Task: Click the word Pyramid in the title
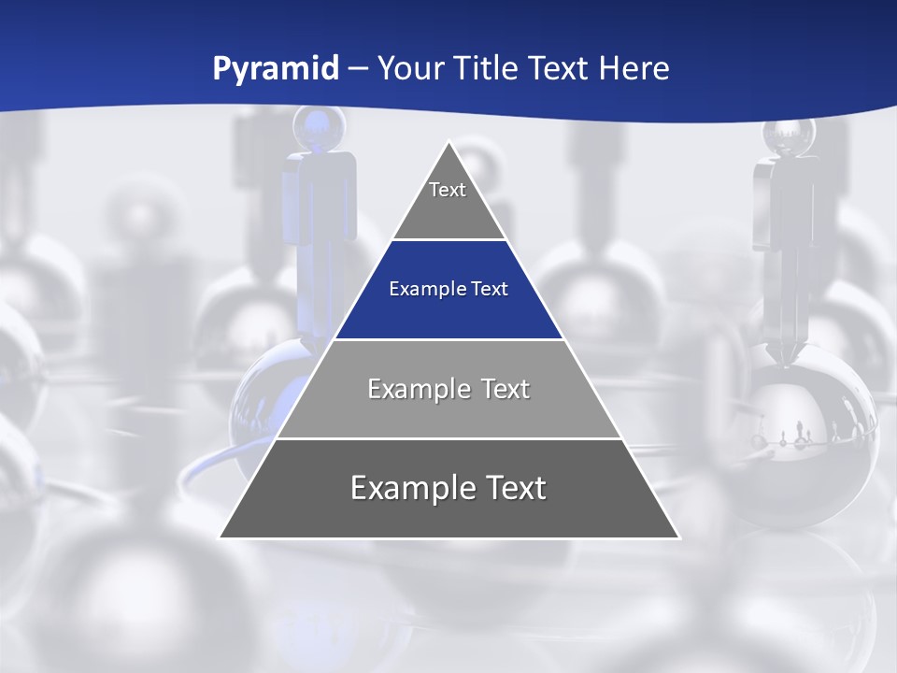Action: (x=276, y=69)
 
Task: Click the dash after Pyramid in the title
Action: (x=357, y=69)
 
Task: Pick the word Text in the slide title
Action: (x=561, y=68)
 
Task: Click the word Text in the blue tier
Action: (x=490, y=289)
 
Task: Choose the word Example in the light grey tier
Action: (x=408, y=389)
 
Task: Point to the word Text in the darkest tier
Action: (x=512, y=488)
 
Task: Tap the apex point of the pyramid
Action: (x=449, y=143)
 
